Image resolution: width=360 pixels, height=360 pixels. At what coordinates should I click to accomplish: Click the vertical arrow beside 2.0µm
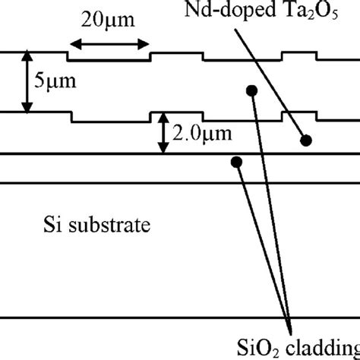161,134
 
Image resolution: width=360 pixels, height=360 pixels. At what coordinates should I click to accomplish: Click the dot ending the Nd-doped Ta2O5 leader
306,140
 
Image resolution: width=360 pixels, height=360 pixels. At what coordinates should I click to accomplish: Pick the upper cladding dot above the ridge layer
250,91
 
